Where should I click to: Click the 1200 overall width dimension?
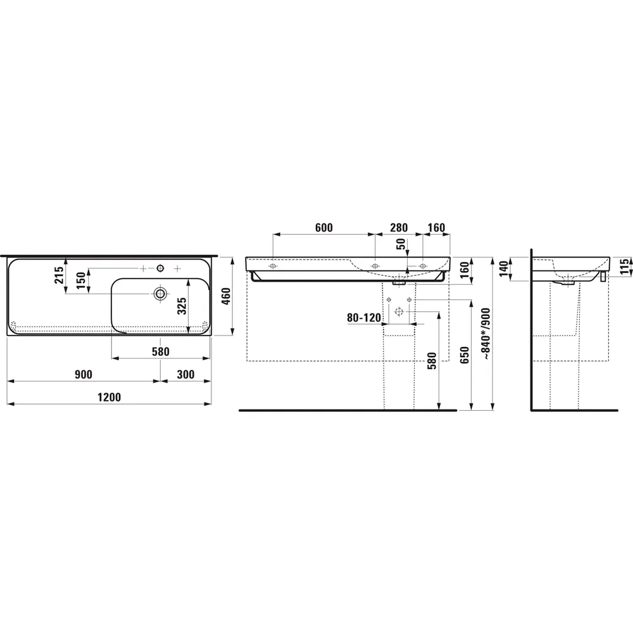109,397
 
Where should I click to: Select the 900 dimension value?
84,374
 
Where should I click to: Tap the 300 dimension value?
185,374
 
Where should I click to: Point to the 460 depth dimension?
225,296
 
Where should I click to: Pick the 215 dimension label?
59,275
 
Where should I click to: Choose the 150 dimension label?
81,280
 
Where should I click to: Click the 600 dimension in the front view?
323,227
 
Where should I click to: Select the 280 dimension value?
398,227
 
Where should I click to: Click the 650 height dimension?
465,356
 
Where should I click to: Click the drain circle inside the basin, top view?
160,293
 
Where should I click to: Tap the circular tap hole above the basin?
161,268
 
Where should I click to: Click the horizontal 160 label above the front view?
436,227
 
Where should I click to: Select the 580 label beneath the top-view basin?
160,352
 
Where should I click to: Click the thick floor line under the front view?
348,410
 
